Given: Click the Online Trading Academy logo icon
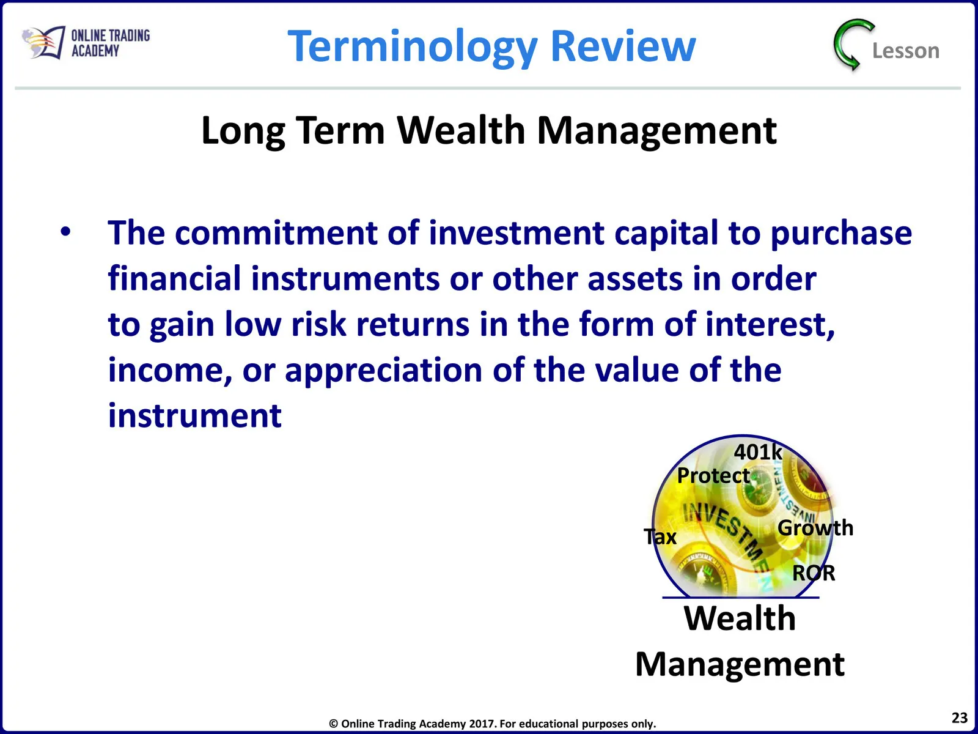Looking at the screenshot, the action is click(x=43, y=42).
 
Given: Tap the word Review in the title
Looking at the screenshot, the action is click(x=623, y=45).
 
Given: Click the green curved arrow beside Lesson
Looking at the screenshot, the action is click(x=851, y=45).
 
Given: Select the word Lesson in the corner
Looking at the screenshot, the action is click(x=905, y=51).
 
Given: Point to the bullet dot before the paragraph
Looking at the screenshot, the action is click(x=65, y=232).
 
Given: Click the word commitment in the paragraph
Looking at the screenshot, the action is click(x=276, y=232).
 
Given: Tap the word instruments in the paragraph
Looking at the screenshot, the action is click(x=345, y=279).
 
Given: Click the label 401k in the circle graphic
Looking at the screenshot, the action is click(x=757, y=452).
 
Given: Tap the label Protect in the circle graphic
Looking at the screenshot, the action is click(x=713, y=475).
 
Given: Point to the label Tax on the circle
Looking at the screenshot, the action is click(x=660, y=536).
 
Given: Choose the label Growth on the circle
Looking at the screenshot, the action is click(x=815, y=528).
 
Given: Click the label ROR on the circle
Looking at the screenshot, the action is click(x=813, y=573).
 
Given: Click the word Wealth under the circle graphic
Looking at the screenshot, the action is click(x=740, y=618).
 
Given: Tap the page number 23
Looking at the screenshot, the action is click(x=959, y=717).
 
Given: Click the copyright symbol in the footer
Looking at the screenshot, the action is click(x=333, y=724).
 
